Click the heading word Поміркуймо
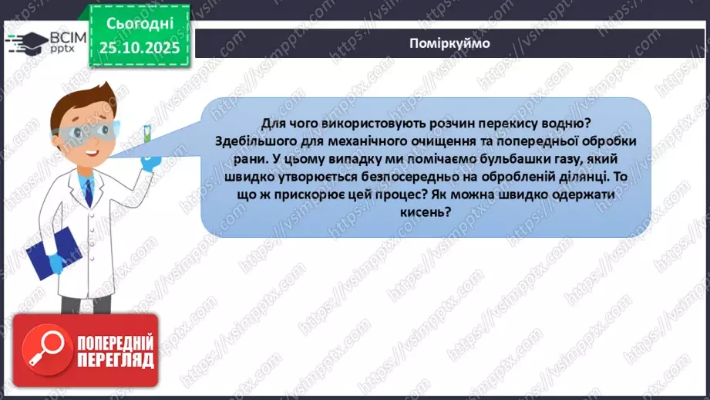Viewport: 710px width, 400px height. tap(450, 43)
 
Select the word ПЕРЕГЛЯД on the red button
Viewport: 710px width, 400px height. tap(115, 359)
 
